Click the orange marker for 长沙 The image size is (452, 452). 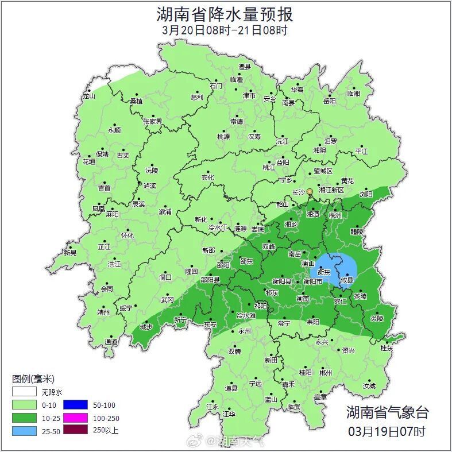[x=310, y=191]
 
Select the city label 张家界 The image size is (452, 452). [x=153, y=122]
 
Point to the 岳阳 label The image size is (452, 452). [x=329, y=101]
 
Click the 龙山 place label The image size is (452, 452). [x=88, y=96]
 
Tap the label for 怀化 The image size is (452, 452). [x=127, y=235]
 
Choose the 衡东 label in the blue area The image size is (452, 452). [x=323, y=273]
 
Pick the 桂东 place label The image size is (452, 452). [x=387, y=348]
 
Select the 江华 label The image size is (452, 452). [x=229, y=414]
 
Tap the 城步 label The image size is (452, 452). [x=146, y=327]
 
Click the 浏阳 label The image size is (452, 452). [x=366, y=195]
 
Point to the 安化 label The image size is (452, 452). [x=207, y=177]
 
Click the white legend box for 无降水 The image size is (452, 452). [x=25, y=392]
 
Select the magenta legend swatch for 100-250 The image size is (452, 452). [x=75, y=417]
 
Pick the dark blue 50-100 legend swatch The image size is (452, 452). [x=75, y=405]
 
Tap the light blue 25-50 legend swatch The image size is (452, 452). [x=25, y=430]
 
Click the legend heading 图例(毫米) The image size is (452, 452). [x=33, y=378]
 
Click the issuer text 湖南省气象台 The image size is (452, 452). [x=387, y=412]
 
